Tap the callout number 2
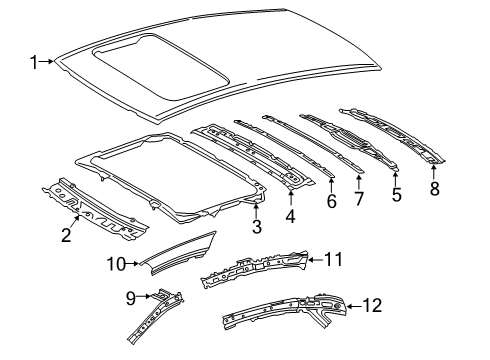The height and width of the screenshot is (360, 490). pos(66,236)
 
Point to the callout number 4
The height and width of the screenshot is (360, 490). pos(291,216)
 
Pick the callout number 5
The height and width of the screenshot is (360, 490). pos(396,196)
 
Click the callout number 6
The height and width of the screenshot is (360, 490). pos(331,201)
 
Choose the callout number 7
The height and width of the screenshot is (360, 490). pos(360,199)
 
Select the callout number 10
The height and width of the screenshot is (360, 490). pos(117,264)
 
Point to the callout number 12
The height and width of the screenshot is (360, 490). pos(371,307)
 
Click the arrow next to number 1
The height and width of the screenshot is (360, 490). pos(48,63)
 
